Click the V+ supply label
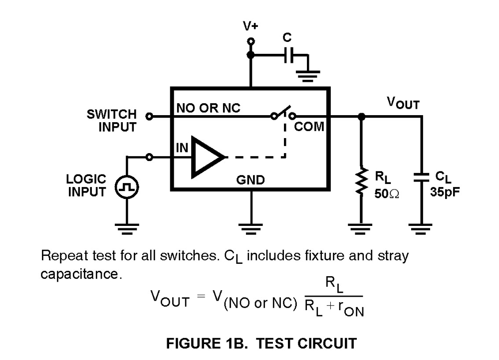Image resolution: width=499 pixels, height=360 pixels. pyautogui.click(x=250, y=26)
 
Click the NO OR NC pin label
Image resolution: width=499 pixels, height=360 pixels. pyautogui.click(x=208, y=108)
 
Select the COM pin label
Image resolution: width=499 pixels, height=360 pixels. pyautogui.click(x=309, y=127)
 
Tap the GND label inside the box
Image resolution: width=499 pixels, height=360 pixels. pyautogui.click(x=250, y=180)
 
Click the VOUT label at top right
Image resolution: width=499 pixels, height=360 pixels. pyautogui.click(x=403, y=103)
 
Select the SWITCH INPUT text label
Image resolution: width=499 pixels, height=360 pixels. pyautogui.click(x=112, y=121)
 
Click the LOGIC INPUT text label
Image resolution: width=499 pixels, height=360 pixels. pyautogui.click(x=87, y=185)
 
